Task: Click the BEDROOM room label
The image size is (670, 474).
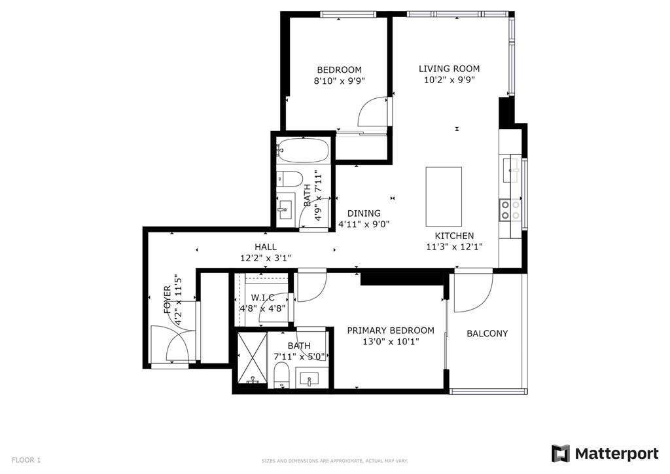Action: pos(340,69)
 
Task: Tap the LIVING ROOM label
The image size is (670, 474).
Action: pos(449,68)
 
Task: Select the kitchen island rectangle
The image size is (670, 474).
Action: pos(444,196)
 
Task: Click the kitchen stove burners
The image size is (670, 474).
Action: pos(510,210)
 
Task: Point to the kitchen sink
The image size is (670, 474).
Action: pos(510,170)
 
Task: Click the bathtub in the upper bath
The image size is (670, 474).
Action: pos(302,151)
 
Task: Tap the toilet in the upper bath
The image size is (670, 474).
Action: pos(289,179)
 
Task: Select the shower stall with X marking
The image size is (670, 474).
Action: pos(252,358)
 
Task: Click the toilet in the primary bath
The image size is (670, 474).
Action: pos(281,375)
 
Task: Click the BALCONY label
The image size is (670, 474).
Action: pos(487,333)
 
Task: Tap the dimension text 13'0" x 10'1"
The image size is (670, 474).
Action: pos(391,342)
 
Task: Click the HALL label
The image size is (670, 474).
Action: pos(266,247)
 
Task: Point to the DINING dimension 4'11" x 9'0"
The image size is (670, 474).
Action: pos(364,223)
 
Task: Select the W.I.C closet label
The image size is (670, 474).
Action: pos(262,297)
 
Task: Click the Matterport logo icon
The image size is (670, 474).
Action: pos(561,454)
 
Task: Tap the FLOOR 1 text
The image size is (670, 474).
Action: pos(26,460)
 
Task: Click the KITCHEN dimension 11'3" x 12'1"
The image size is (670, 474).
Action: pos(454,247)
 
